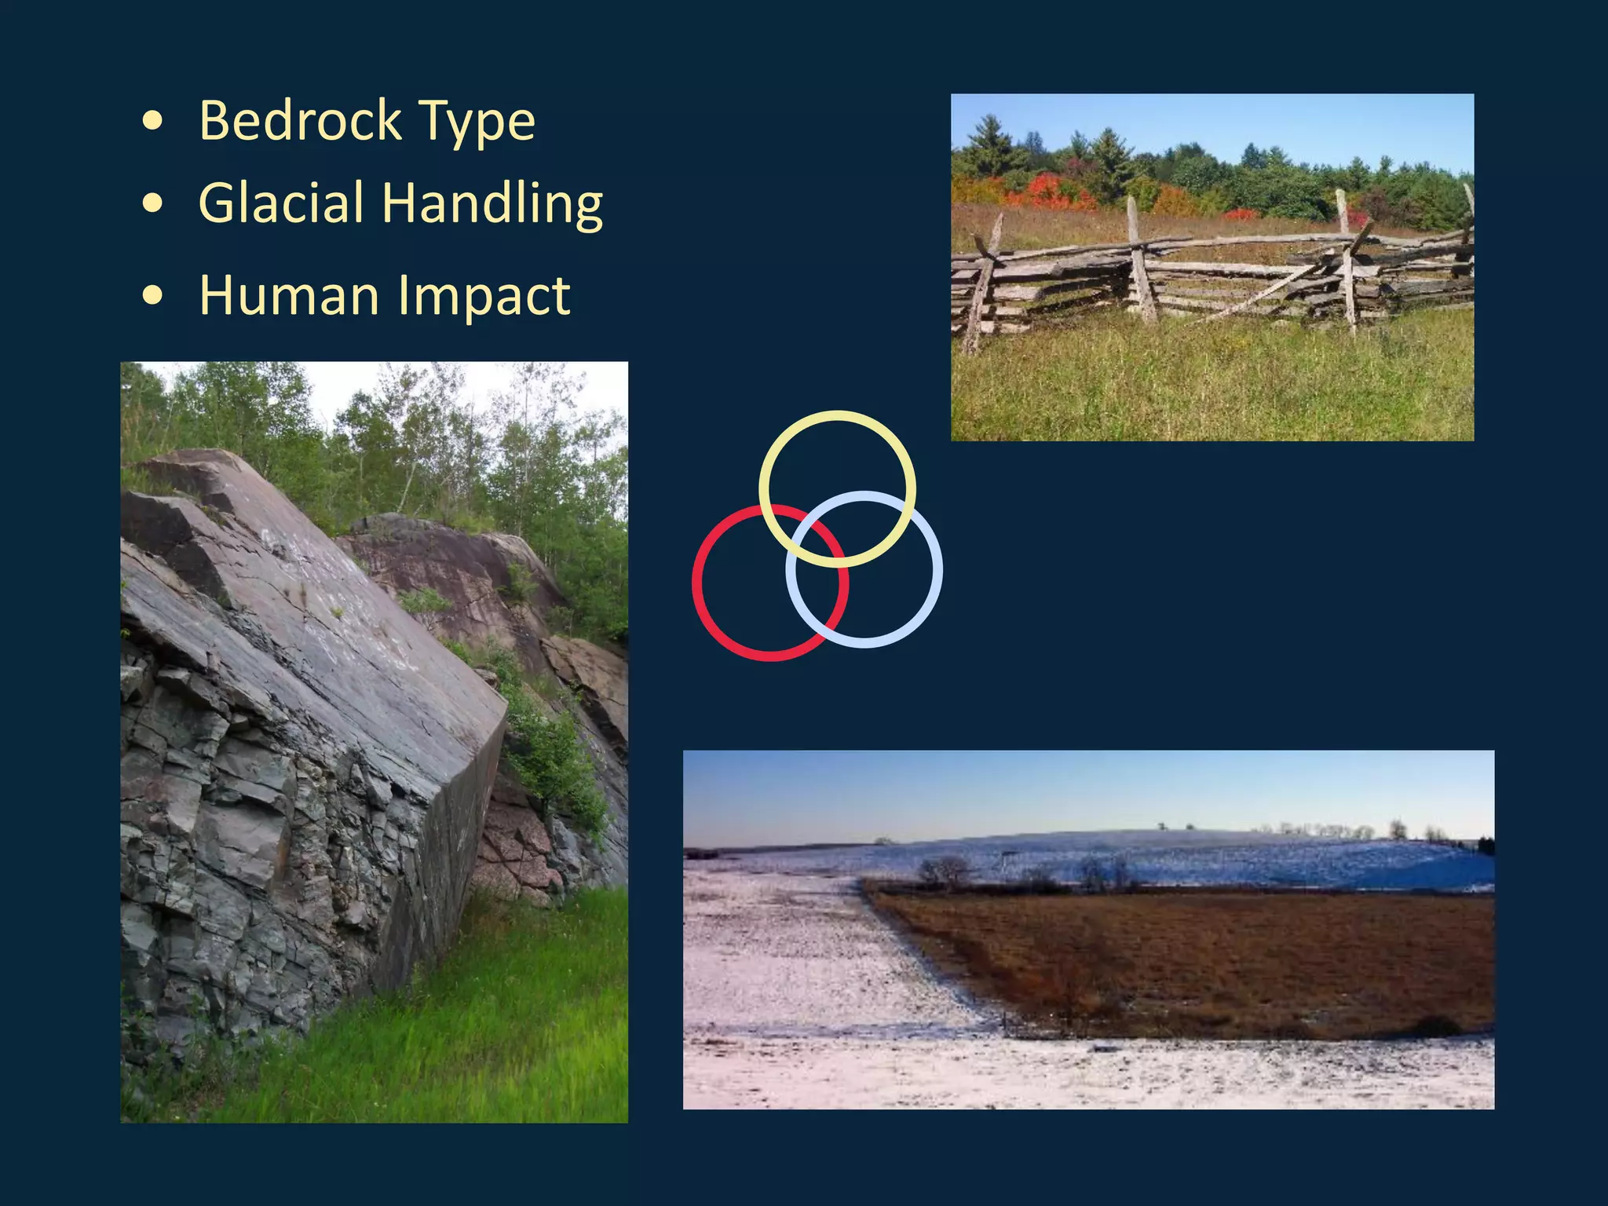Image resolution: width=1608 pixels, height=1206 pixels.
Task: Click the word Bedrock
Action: pyautogui.click(x=300, y=121)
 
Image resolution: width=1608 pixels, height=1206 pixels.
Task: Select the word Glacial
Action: pyautogui.click(x=280, y=203)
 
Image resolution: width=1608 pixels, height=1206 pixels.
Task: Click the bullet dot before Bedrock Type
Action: pyautogui.click(x=154, y=122)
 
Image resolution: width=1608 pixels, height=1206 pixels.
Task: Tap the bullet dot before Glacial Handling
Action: pyautogui.click(x=154, y=203)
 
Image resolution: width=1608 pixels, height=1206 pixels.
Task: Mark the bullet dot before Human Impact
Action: pyautogui.click(x=154, y=296)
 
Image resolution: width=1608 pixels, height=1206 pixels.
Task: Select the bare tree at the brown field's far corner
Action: pyautogui.click(x=946, y=872)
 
